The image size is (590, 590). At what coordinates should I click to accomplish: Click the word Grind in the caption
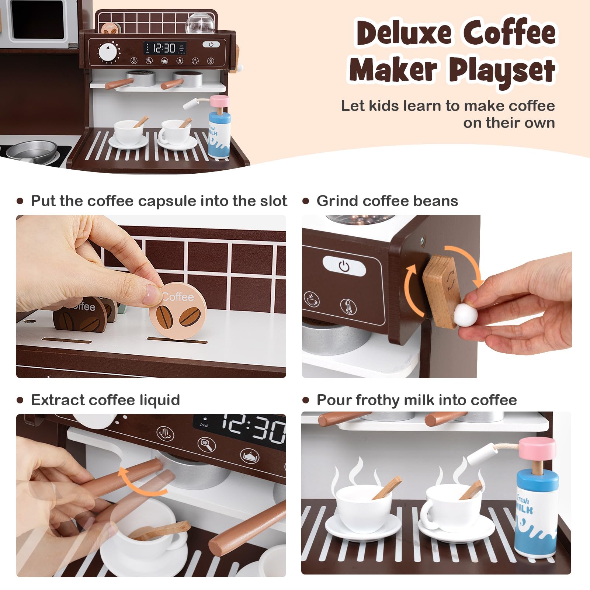[x=337, y=201]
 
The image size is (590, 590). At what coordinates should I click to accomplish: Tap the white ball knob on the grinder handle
[x=465, y=315]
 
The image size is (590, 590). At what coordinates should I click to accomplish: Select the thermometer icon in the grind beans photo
[x=348, y=306]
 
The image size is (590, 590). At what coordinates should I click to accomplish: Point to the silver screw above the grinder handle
[x=422, y=240]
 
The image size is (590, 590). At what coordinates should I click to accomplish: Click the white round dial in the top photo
[x=107, y=52]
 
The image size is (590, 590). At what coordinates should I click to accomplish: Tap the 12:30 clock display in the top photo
[x=164, y=48]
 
